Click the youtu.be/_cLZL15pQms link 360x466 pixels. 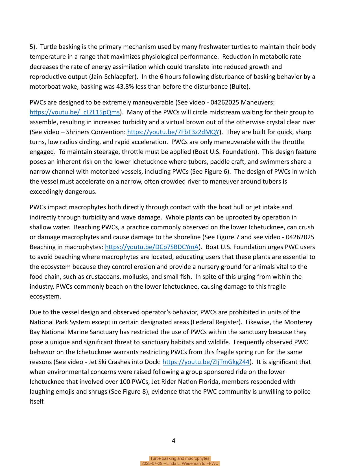click(x=75, y=112)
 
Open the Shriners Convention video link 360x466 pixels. click(x=173, y=132)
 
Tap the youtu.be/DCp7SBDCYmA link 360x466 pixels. click(x=152, y=247)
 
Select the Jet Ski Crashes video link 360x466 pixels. click(x=206, y=362)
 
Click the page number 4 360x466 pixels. click(x=173, y=441)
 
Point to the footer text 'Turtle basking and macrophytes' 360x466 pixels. click(x=180, y=458)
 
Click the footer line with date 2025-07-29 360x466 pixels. click(x=180, y=463)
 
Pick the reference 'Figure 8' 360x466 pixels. click(x=135, y=392)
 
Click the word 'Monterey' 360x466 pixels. click(x=298, y=322)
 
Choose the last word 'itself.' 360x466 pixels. click(x=37, y=402)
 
